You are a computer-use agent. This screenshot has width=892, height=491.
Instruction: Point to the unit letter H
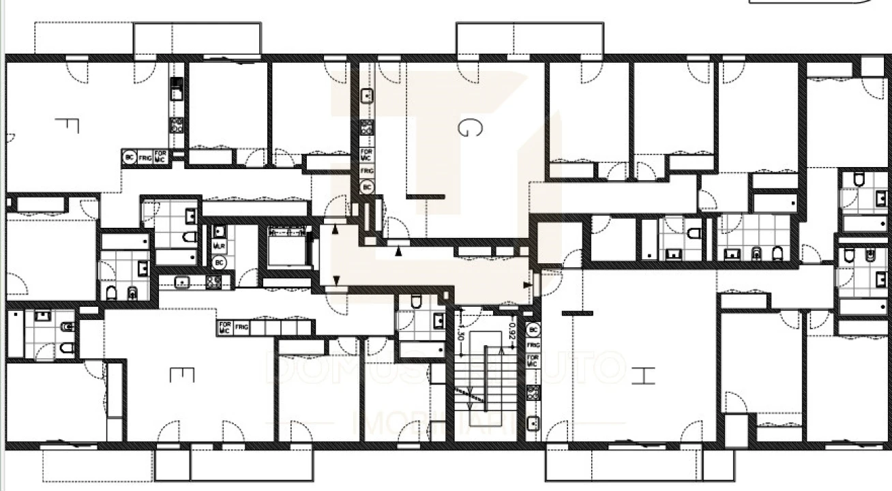coord(642,375)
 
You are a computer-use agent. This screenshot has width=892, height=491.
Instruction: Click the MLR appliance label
coord(219,245)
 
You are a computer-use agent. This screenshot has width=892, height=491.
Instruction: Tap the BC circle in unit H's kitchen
coord(533,330)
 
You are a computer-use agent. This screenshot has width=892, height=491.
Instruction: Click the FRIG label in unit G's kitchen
coord(367,170)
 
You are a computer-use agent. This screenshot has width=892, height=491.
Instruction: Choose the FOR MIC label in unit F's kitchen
coord(160,156)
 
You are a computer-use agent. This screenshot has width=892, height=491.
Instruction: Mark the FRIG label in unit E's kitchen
coord(241,327)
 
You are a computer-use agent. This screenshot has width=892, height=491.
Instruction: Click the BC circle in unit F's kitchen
coord(129,157)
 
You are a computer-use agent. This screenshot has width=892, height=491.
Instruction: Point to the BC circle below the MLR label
coord(219,262)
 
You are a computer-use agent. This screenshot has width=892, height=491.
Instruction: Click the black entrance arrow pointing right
coord(527,284)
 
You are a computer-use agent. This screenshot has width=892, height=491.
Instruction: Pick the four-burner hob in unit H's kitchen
coord(533,393)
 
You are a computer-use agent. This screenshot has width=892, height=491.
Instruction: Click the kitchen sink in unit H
coord(533,423)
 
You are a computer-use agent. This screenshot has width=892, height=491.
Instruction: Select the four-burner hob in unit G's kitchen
coord(367,128)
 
